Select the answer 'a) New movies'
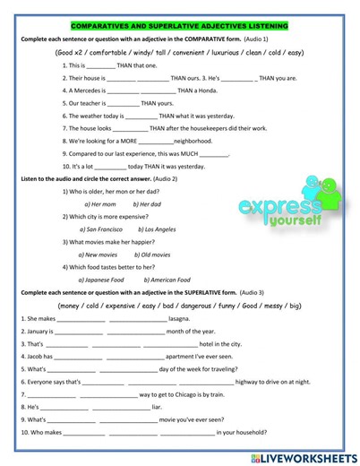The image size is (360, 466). (x=99, y=255)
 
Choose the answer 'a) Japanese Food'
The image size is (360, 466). (x=104, y=280)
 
